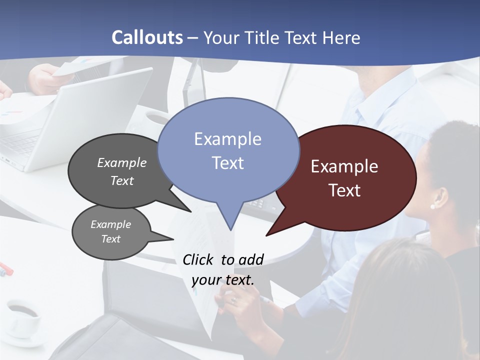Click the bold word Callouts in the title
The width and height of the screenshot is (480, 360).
click(147, 37)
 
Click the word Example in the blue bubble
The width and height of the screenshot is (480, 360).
click(227, 139)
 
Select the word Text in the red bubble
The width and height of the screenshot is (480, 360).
click(344, 190)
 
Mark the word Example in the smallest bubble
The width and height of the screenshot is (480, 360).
click(110, 224)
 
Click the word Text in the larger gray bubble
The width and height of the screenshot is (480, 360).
click(121, 180)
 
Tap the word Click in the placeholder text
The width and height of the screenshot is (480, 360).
click(198, 259)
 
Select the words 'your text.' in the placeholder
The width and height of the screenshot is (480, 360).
click(223, 280)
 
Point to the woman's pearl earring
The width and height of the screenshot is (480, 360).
click(432, 205)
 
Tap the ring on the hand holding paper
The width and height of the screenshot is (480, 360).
click(234, 300)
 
